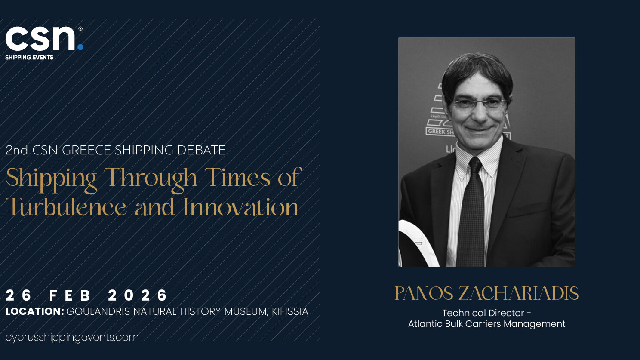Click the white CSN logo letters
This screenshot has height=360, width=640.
coord(40,39)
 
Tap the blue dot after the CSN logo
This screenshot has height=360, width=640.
coord(80,47)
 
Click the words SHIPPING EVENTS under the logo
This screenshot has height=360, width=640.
coord(29,58)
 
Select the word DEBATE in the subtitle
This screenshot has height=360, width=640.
coord(201,150)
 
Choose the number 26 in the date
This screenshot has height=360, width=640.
coord(18,295)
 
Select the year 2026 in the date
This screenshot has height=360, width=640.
coord(138,295)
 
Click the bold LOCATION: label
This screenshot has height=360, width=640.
coord(35,311)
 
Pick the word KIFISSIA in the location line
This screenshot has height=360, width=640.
coord(290,311)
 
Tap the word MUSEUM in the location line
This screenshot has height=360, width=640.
coord(246,312)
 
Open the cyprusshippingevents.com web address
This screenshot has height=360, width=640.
coord(72,338)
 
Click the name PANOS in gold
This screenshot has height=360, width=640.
coord(424,293)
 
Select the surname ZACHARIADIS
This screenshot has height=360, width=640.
coord(519,293)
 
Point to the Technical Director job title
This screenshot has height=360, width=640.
coord(486,313)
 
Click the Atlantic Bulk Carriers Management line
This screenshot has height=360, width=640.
coord(486,324)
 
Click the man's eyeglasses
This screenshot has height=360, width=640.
coord(480,102)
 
